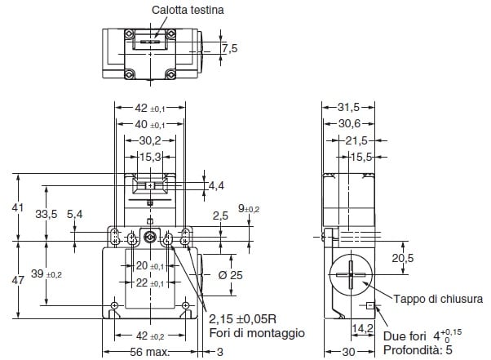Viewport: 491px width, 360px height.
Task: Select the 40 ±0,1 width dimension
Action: [147, 124]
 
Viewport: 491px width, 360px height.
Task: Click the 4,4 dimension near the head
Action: [216, 186]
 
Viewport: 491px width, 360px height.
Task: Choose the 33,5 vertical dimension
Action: [48, 214]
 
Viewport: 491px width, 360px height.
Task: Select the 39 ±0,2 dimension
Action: [46, 274]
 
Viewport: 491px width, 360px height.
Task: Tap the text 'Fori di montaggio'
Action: [256, 333]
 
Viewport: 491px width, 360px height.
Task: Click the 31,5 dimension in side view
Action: [348, 107]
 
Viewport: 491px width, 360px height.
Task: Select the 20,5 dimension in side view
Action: [403, 258]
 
